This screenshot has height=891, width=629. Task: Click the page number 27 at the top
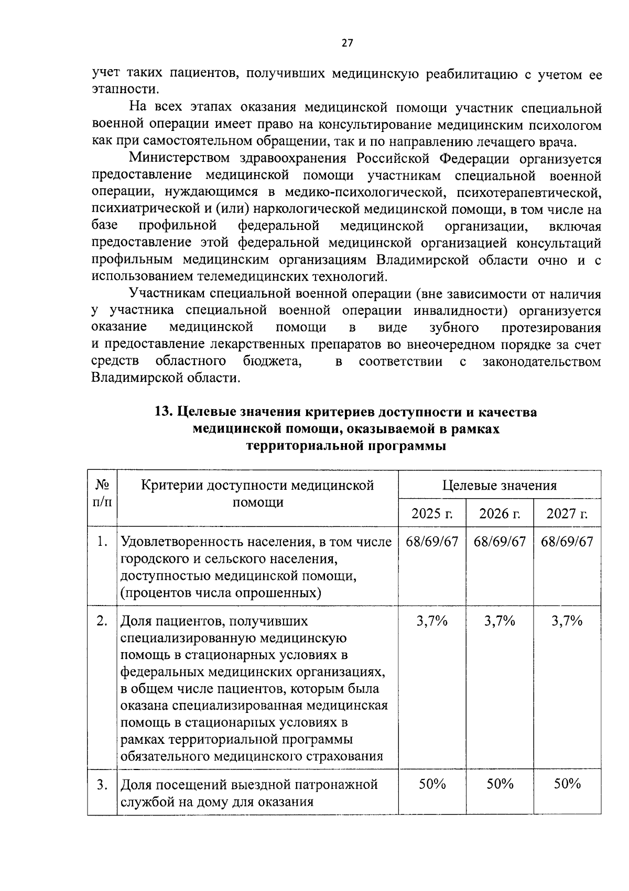(x=347, y=43)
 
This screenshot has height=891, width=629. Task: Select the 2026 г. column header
(x=500, y=513)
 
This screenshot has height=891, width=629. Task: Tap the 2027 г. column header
(x=567, y=513)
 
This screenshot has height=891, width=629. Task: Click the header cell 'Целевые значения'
(x=499, y=486)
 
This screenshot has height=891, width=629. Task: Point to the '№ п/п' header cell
(x=103, y=493)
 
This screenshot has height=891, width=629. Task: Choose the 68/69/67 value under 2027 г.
(x=567, y=542)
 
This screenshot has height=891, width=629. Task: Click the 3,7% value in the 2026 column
(x=500, y=621)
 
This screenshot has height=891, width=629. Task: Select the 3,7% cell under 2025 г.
(x=432, y=621)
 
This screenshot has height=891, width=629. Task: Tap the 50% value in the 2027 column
(x=567, y=784)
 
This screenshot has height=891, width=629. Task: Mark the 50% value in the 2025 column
(x=432, y=784)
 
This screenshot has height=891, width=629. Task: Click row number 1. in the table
(x=103, y=542)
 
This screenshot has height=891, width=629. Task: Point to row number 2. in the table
(x=103, y=621)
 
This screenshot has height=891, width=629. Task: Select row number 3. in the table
(x=103, y=785)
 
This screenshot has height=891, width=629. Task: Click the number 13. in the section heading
(x=164, y=412)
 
